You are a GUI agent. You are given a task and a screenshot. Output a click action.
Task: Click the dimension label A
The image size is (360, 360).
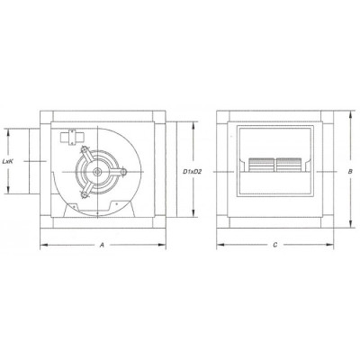tap(103, 244)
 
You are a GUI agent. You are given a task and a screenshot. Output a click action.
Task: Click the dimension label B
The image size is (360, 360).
tap(349, 168)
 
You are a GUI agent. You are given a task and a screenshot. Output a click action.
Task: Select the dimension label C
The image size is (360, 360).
tap(275, 244)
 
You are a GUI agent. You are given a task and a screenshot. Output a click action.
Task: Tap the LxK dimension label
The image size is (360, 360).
tap(10, 160)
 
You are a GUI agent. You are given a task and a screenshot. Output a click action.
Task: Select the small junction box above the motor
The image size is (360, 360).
tap(68, 137)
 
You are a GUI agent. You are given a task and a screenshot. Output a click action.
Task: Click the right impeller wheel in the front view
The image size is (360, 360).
tap(290, 166)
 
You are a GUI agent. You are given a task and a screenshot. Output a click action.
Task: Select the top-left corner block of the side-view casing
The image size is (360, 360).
tap(46, 117)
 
